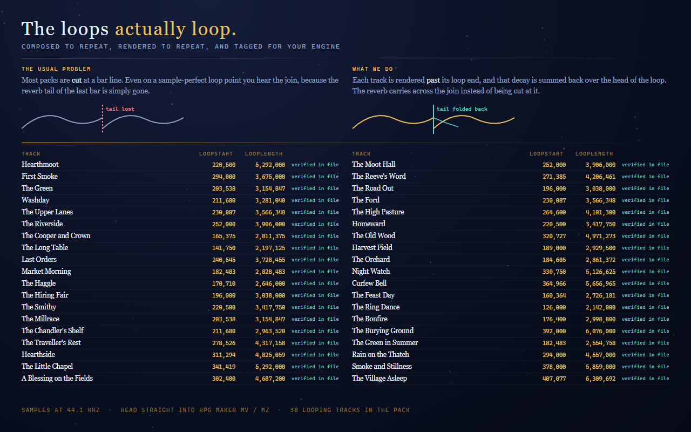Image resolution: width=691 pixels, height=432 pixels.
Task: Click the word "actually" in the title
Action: pos(150,29)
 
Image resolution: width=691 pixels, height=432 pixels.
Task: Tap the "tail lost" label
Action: pos(120,109)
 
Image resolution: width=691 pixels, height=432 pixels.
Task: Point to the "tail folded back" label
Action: pos(462,109)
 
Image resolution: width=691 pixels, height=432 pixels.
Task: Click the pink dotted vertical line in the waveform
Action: pos(103,119)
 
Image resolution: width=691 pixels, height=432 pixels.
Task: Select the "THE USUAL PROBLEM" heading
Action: pos(56,69)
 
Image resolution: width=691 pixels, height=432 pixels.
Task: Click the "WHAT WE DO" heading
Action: pos(372,69)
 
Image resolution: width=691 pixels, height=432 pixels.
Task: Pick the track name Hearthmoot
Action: pos(40,165)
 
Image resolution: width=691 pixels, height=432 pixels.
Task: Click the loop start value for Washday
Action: pos(223,200)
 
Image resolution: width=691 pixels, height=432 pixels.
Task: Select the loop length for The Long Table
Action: pos(270,248)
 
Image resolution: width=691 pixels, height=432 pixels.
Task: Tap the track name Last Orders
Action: pos(39,260)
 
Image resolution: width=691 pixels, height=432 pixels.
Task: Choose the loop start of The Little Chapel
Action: pos(223,367)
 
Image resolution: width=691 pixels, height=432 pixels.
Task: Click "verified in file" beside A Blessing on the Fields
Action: pos(315,379)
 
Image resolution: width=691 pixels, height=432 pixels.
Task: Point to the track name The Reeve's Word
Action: pos(379,176)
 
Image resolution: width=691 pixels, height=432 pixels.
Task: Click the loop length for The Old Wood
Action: pos(600,236)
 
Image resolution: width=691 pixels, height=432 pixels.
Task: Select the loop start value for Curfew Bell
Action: pos(554,283)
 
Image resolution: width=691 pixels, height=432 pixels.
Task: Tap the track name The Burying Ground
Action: pos(383,331)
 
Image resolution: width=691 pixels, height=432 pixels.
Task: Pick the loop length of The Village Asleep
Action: pos(600,379)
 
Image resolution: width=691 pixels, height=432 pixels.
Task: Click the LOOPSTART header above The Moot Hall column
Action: pos(546,154)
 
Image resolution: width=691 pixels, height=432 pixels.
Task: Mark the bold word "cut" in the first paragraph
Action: pos(77,80)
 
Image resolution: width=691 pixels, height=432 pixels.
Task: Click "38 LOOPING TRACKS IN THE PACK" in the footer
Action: pos(350,410)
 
